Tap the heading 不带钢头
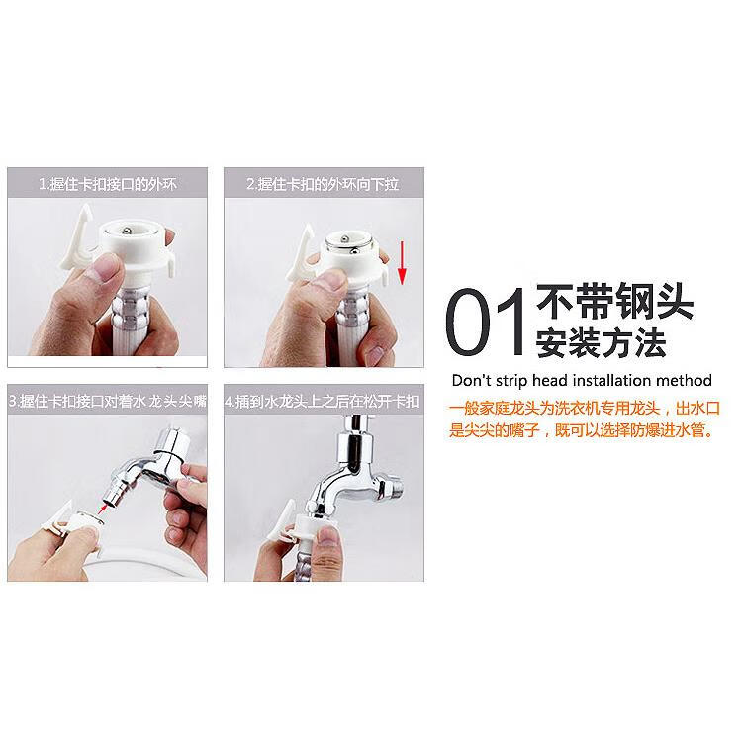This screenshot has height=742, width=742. pos(614,300)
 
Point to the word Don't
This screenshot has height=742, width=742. pos(471,380)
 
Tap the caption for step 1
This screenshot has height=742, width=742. pos(107,184)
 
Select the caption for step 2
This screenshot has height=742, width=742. pos(323,184)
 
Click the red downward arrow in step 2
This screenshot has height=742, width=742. pos(403,262)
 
